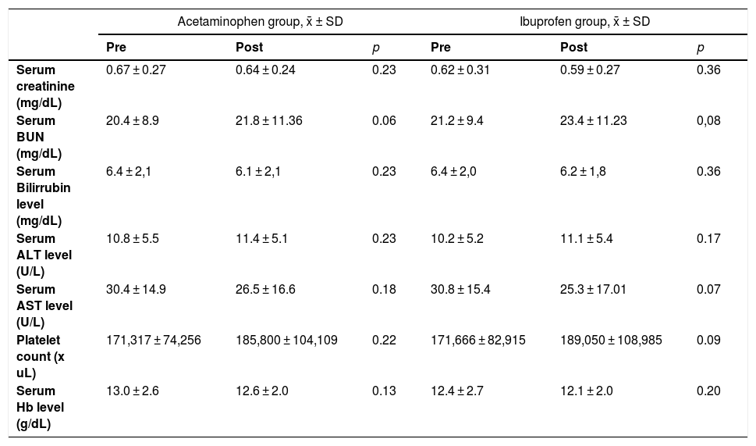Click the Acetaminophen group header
[x=260, y=22]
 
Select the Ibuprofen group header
[x=584, y=22]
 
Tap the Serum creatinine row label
[x=45, y=86]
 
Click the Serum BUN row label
[x=39, y=137]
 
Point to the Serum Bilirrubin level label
[x=44, y=196]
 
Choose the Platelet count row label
[x=41, y=357]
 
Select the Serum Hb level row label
[x=40, y=408]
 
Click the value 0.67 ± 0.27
[x=136, y=70]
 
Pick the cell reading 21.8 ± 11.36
[x=269, y=120]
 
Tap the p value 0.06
[x=384, y=120]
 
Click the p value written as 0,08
[x=708, y=120]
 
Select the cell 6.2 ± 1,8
[x=583, y=171]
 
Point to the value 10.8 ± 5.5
[x=132, y=239]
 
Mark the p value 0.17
[x=708, y=239]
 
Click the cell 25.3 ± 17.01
[x=593, y=290]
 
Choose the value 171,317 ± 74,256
[x=154, y=341]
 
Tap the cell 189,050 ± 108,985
[x=611, y=341]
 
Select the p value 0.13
[x=384, y=391]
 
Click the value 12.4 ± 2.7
[x=456, y=391]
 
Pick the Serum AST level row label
[x=44, y=306]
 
